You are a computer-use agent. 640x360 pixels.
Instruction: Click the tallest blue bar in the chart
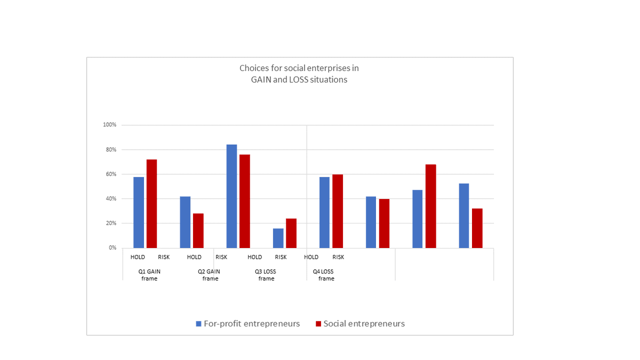pyautogui.click(x=231, y=196)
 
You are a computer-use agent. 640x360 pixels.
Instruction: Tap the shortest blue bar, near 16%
pyautogui.click(x=278, y=238)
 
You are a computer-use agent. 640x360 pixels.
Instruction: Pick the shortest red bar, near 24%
pyautogui.click(x=291, y=234)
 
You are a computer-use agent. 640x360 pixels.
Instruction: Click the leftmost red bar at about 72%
pyautogui.click(x=151, y=204)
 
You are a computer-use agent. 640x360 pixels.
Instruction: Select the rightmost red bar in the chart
pyautogui.click(x=477, y=228)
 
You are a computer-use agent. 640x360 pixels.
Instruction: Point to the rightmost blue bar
pyautogui.click(x=464, y=216)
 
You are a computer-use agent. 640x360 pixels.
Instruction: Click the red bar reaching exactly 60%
pyautogui.click(x=337, y=211)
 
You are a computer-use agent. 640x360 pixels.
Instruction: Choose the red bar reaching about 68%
pyautogui.click(x=430, y=206)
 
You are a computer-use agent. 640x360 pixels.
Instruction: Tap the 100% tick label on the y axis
pyautogui.click(x=110, y=125)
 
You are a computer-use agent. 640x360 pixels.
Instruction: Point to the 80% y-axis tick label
pyautogui.click(x=111, y=150)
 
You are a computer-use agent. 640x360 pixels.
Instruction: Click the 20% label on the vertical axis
pyautogui.click(x=111, y=223)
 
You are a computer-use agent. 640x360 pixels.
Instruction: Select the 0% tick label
pyautogui.click(x=113, y=248)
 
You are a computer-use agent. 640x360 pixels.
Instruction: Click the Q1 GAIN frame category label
pyautogui.click(x=149, y=275)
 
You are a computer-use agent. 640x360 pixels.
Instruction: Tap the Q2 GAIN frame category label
pyautogui.click(x=210, y=275)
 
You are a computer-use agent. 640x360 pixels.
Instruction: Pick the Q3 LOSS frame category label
pyautogui.click(x=266, y=275)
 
